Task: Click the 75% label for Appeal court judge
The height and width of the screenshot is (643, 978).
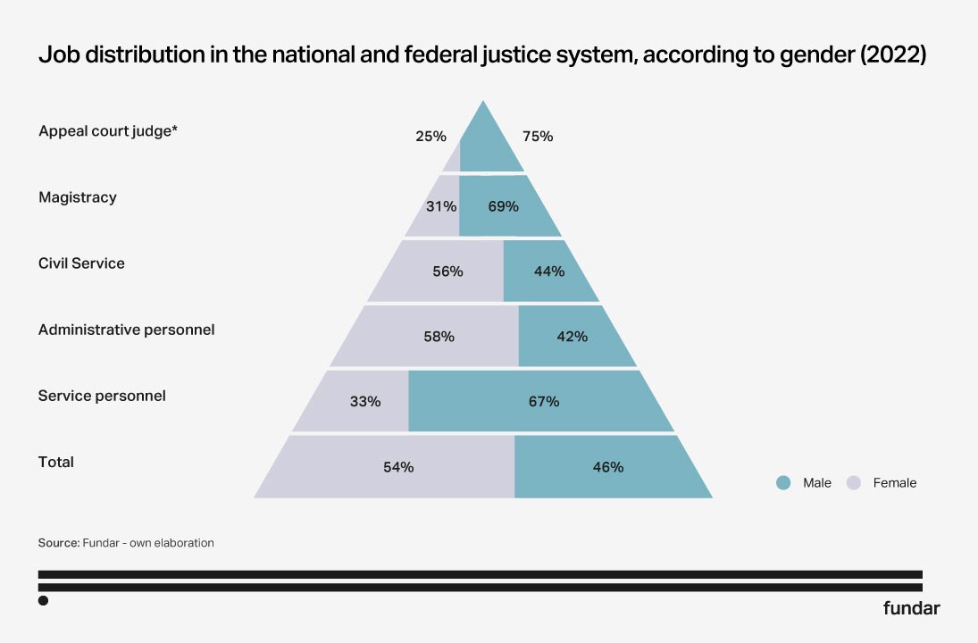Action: click(x=538, y=137)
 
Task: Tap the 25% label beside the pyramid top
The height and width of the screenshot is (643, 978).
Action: click(x=430, y=137)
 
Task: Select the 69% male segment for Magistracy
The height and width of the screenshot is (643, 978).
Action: click(x=504, y=206)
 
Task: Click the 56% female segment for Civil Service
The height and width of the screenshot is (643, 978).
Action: click(x=447, y=271)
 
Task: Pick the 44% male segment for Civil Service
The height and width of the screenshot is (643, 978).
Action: click(x=549, y=271)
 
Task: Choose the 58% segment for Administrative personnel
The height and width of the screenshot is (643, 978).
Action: click(x=439, y=337)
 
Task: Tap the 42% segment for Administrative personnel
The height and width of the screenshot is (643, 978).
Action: click(x=572, y=337)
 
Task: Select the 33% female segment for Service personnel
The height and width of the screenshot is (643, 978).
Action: click(x=364, y=402)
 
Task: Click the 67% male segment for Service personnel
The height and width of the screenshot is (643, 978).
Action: click(x=543, y=402)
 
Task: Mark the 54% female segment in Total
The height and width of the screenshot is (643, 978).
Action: click(x=398, y=467)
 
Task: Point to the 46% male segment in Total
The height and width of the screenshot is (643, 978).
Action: click(x=607, y=467)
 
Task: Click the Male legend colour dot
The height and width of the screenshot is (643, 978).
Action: click(x=783, y=483)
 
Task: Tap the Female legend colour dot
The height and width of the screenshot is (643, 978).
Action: click(x=854, y=483)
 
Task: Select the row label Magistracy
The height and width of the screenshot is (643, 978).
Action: click(x=78, y=197)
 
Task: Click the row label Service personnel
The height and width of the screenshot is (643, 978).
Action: click(x=102, y=396)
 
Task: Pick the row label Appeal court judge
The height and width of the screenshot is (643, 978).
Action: click(x=108, y=131)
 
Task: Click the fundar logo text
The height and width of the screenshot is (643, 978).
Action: click(x=911, y=609)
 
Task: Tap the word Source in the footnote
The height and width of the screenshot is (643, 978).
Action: click(x=58, y=543)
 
